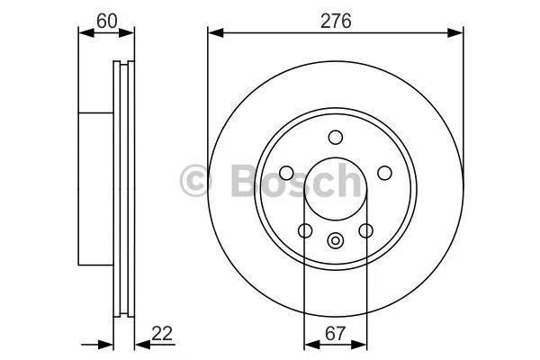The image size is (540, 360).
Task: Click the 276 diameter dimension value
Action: click(x=336, y=22)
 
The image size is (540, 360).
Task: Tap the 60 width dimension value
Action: click(x=107, y=22)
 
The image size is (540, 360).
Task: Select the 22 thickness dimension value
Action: click(x=162, y=334)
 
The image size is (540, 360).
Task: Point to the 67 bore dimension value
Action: click(x=335, y=334)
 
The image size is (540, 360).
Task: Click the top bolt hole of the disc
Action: click(x=336, y=137)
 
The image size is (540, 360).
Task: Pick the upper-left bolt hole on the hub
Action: click(x=286, y=173)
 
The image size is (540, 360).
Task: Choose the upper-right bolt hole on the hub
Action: click(x=384, y=173)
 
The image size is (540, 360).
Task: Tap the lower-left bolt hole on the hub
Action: click(x=305, y=230)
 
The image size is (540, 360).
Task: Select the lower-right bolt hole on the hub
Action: click(x=365, y=230)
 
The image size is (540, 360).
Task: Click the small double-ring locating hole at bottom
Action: click(x=335, y=240)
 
